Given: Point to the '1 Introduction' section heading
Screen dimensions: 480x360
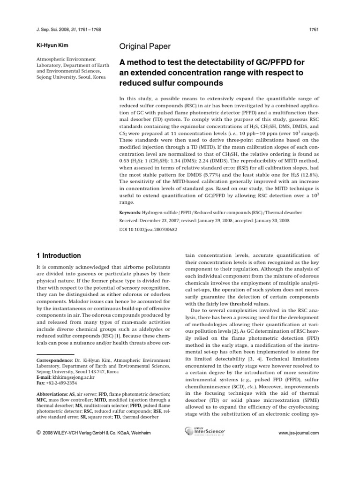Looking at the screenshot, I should coord(59,255).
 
